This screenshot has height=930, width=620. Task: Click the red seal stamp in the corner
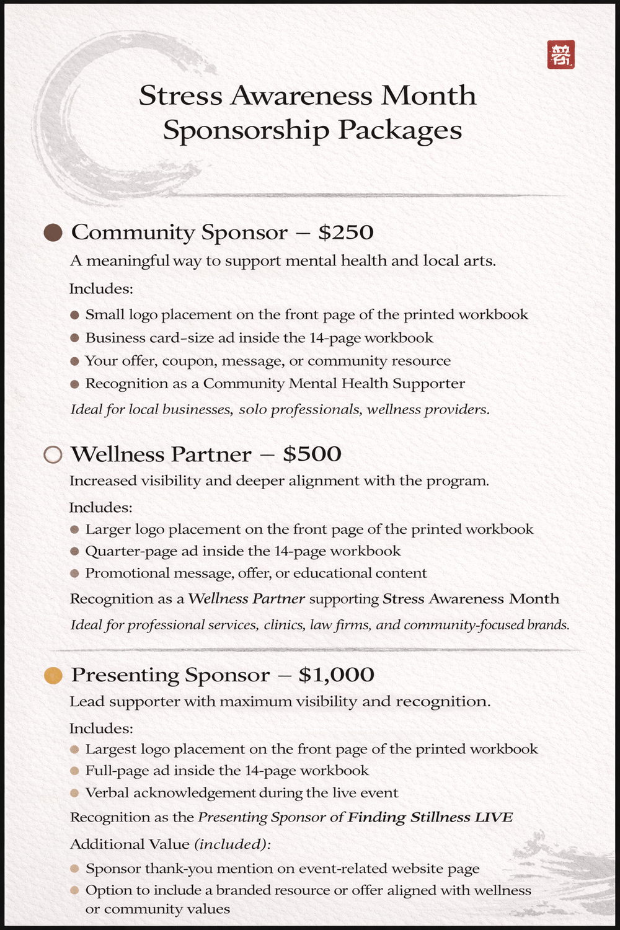point(560,55)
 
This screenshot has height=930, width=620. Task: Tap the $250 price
point(346,232)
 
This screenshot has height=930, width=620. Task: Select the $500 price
point(312,454)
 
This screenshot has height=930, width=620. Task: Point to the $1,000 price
point(336,675)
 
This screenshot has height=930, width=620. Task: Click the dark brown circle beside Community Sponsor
point(53,232)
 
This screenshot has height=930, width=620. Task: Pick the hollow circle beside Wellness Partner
point(53,454)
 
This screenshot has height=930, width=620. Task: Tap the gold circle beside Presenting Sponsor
point(53,675)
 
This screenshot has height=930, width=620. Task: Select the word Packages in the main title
point(399,130)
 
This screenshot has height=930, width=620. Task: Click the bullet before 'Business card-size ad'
point(74,338)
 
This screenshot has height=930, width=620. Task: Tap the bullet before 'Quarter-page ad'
point(74,551)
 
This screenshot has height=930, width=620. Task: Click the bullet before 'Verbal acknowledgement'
point(74,793)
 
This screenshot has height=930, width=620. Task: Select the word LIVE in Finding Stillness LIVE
point(494,817)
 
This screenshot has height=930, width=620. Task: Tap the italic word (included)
point(232,844)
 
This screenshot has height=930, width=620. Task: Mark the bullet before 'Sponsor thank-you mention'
point(74,869)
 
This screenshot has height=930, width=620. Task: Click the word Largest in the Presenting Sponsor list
point(110,749)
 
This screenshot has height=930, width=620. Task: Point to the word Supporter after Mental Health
point(428,384)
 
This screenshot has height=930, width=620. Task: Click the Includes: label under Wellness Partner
point(100,508)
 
